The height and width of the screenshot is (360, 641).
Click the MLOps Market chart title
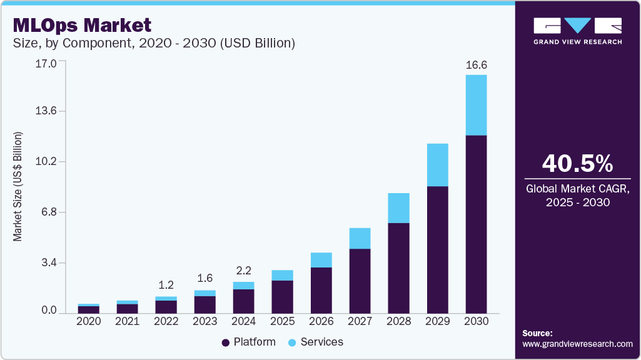[82, 25]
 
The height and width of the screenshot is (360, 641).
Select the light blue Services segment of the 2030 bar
[476, 105]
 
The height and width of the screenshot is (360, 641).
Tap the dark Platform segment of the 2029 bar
[437, 250]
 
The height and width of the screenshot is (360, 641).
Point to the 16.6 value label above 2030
[476, 64]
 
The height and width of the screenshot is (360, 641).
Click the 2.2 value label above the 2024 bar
[243, 271]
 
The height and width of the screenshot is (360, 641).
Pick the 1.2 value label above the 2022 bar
[166, 285]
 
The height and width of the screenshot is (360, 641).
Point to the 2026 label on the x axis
[321, 321]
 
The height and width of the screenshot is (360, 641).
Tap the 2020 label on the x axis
[88, 321]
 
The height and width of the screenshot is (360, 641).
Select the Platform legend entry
[248, 342]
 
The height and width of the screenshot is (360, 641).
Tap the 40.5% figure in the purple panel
[577, 164]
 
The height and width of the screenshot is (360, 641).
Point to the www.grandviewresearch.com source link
[577, 344]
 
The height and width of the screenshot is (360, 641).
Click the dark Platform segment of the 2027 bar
[360, 281]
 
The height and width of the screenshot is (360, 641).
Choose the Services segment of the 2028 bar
[398, 208]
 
